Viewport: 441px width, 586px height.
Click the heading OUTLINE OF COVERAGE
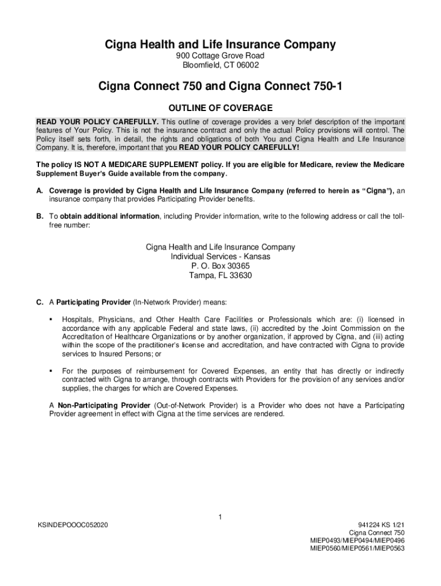pos(220,108)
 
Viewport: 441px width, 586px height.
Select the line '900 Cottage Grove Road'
pos(220,56)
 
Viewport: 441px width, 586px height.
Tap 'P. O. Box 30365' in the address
pos(220,266)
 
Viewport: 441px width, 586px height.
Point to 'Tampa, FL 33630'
pos(220,275)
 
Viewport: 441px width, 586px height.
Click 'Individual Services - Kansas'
pos(220,257)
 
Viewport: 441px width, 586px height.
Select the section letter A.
pos(40,190)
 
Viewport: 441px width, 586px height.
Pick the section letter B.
pos(40,216)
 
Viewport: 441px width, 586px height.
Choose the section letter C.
pos(40,302)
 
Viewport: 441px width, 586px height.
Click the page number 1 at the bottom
pos(220,518)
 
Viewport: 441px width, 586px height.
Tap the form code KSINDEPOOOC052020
pos(72,525)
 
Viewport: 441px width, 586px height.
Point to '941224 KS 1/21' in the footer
pos(380,525)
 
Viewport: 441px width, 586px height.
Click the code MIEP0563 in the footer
pos(392,548)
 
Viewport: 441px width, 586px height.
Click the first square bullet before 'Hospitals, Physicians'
pos(52,319)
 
